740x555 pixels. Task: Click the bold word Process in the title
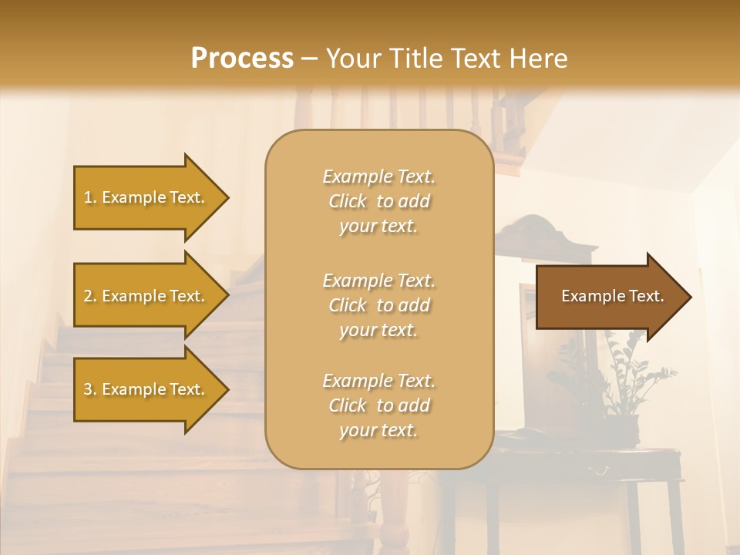tap(242, 59)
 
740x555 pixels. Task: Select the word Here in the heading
tap(536, 59)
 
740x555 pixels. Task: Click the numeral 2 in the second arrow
tap(88, 296)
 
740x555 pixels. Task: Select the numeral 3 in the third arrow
tap(88, 389)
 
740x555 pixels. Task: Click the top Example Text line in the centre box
tap(378, 177)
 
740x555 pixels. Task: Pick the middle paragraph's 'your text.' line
tap(378, 330)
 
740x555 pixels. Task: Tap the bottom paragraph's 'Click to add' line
tap(378, 405)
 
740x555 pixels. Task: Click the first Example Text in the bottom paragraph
tap(378, 381)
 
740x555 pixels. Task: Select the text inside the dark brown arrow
tap(612, 296)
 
